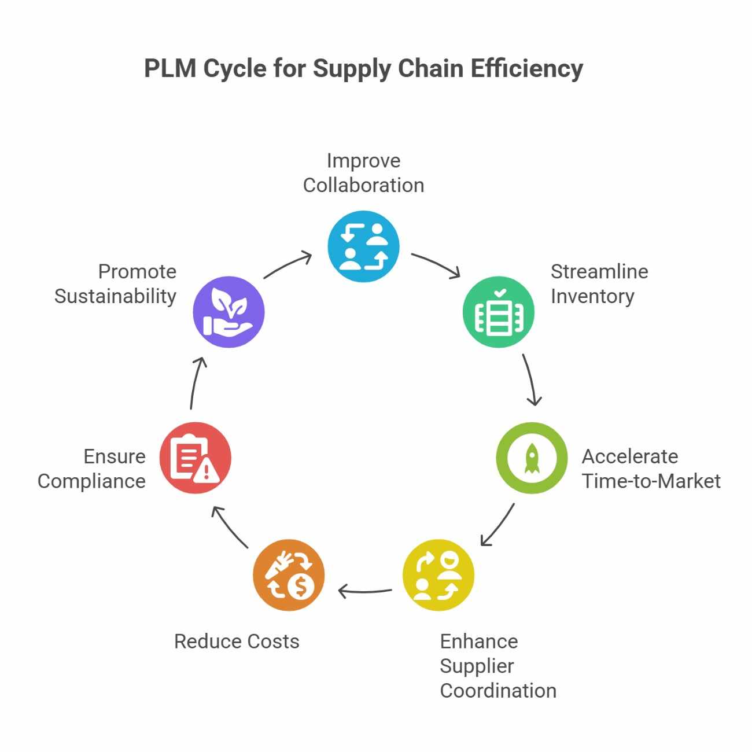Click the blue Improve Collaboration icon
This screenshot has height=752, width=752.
[x=363, y=247]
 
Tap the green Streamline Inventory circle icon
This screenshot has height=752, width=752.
[x=498, y=312]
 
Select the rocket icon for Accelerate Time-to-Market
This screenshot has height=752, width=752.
[x=532, y=458]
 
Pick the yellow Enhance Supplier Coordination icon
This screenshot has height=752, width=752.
[x=438, y=575]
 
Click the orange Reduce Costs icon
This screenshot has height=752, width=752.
[x=289, y=575]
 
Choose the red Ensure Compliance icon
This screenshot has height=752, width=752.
[x=196, y=458]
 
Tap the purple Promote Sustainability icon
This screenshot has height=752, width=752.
[x=228, y=312]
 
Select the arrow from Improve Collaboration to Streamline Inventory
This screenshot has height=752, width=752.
[x=436, y=264]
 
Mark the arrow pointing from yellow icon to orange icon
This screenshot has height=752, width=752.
[x=365, y=591]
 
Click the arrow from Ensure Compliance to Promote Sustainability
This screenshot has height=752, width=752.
[x=197, y=383]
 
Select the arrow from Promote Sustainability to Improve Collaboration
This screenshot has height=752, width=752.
[x=287, y=265]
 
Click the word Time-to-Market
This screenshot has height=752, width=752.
[x=651, y=481]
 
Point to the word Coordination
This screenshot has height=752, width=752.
[x=497, y=690]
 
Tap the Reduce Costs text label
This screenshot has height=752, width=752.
[x=237, y=641]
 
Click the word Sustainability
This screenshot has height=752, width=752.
[x=115, y=296]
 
